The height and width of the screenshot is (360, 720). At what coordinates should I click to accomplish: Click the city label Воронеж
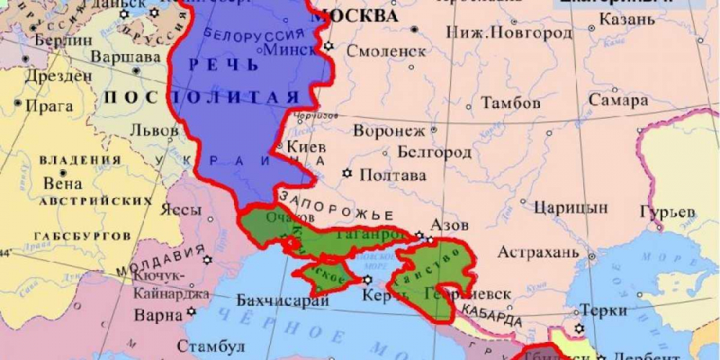click(389, 131)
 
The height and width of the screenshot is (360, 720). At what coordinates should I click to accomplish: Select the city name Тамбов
click(510, 102)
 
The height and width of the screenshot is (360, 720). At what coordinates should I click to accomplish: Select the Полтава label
click(392, 175)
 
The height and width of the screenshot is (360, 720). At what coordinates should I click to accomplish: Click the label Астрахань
click(538, 253)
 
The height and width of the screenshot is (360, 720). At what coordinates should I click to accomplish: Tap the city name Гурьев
click(667, 212)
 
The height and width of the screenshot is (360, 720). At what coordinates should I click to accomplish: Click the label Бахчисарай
click(278, 300)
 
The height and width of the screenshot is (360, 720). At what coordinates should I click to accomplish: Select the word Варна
click(158, 315)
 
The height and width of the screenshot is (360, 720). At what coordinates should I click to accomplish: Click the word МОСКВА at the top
click(356, 16)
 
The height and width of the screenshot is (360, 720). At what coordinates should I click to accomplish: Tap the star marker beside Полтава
click(347, 174)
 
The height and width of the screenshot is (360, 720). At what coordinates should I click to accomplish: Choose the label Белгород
click(434, 153)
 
